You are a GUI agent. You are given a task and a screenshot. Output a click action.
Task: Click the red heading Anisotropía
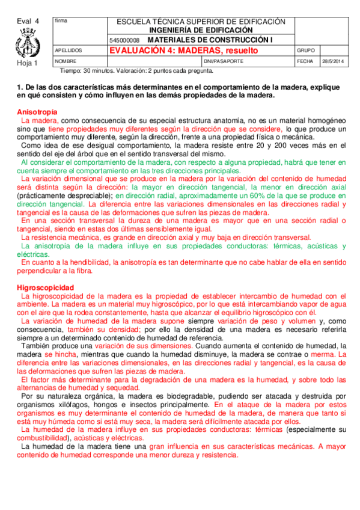(x=37, y=112)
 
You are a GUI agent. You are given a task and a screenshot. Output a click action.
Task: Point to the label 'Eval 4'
(x=28, y=21)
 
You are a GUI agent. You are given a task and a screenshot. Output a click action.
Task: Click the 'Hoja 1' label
(x=27, y=63)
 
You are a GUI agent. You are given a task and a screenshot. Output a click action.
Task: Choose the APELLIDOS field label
(x=68, y=51)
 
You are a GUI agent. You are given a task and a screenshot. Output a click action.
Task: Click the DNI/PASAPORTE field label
(x=224, y=61)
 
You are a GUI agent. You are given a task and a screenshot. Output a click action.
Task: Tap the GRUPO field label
(x=306, y=51)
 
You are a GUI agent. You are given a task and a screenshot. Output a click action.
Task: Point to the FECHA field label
(x=305, y=61)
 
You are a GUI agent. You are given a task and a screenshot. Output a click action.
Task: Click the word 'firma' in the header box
(x=61, y=21)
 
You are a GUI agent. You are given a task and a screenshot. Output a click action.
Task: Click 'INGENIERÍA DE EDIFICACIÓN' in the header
(x=201, y=29)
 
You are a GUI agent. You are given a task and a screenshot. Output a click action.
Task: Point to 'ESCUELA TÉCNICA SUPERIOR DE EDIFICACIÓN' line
(x=201, y=21)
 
